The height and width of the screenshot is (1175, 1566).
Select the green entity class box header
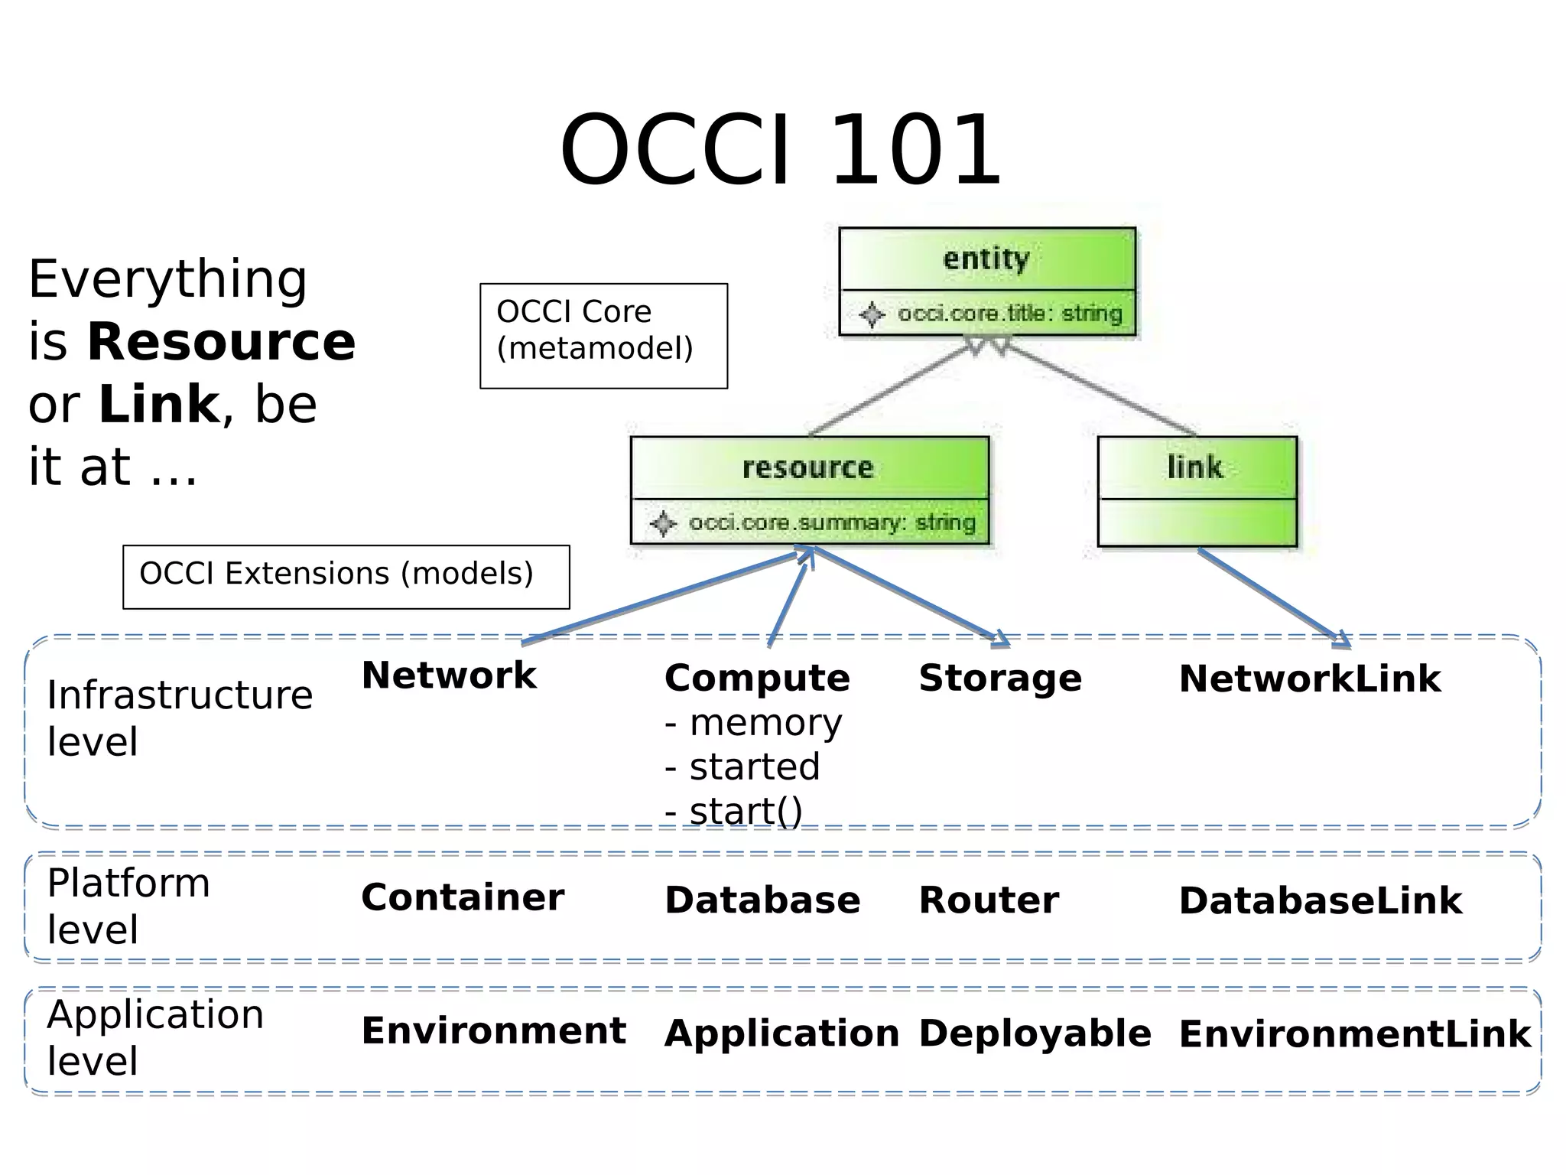click(x=986, y=259)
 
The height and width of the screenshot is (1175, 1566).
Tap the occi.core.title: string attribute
click(x=1009, y=314)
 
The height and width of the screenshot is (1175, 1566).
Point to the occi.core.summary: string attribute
click(x=831, y=522)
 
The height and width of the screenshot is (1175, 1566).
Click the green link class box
click(x=1197, y=490)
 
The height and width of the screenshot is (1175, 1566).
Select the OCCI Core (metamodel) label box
click(x=603, y=336)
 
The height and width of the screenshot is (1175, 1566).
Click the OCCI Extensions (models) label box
click(x=346, y=577)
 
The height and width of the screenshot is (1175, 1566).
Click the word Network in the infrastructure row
click(x=449, y=675)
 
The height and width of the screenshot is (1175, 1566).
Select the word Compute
click(x=757, y=678)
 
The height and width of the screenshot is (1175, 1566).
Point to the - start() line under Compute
click(x=734, y=811)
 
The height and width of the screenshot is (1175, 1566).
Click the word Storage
click(x=1000, y=678)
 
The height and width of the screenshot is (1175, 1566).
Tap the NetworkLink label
click(x=1310, y=679)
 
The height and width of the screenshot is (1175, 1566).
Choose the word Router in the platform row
click(x=989, y=900)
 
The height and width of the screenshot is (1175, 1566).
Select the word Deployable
click(x=1035, y=1033)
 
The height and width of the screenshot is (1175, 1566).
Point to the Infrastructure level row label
click(x=180, y=718)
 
